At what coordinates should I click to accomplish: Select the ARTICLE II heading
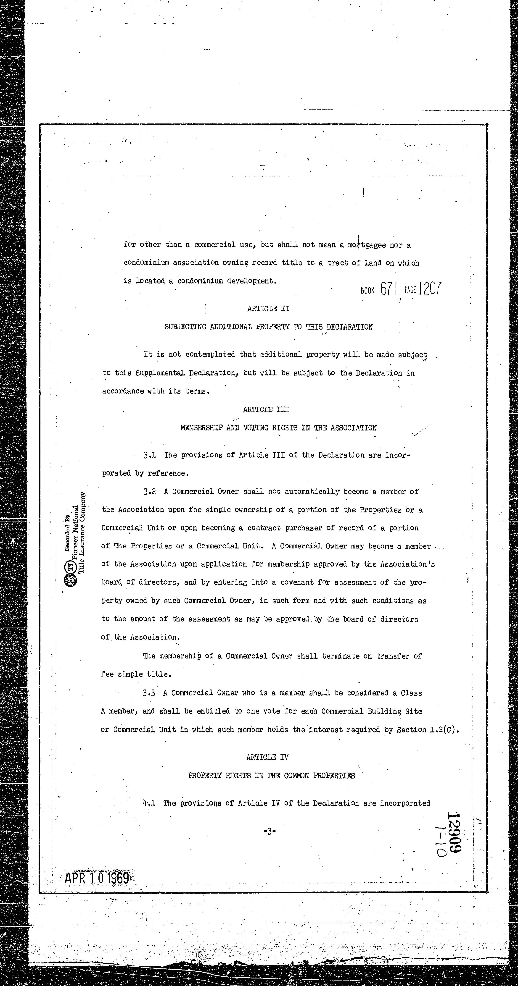268,309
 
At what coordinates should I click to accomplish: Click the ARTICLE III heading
266,409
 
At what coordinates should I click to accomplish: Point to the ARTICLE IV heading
267,757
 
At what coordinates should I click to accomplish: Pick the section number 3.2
149,491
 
